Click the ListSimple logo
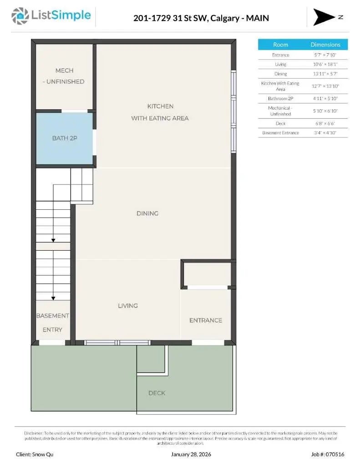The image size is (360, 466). coord(51,16)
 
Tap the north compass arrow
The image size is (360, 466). coord(324,17)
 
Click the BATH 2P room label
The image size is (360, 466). coord(65,138)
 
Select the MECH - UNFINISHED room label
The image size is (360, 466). coord(64,76)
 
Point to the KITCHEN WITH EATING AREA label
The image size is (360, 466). coord(160,112)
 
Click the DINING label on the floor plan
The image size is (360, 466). coord(147,213)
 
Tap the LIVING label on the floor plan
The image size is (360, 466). coord(128,306)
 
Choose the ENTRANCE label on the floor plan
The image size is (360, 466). coord(206,320)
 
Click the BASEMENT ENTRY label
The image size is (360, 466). coord(52,322)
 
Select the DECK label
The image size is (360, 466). coord(157,393)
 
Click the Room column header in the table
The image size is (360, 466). coord(280,45)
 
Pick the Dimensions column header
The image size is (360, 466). coord(325,45)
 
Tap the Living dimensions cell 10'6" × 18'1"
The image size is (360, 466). coord(325,64)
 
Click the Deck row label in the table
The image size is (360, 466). coord(280,123)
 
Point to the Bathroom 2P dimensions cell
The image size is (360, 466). coord(325,98)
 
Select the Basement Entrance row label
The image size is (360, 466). coord(280,133)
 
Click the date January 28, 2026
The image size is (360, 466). coord(191,454)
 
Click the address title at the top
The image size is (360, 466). coord(201,18)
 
